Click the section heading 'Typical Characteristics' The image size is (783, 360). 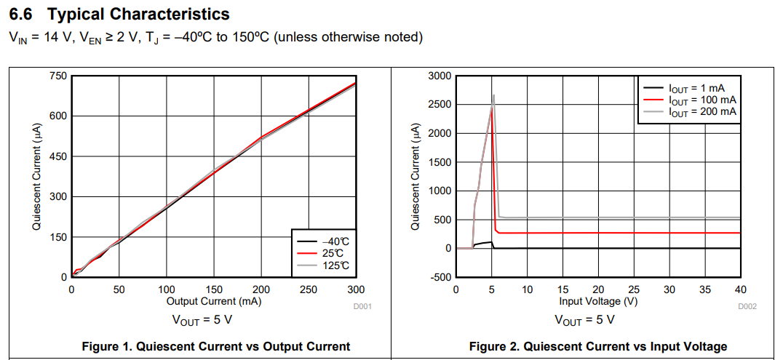click(x=138, y=14)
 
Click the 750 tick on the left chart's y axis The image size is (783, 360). click(x=58, y=76)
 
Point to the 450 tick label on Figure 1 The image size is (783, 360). click(x=58, y=156)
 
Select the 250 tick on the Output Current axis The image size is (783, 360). click(x=309, y=289)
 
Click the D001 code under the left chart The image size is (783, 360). click(x=362, y=307)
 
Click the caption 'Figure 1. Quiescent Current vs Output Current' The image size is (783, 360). click(x=216, y=347)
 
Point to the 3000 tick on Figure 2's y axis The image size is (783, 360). click(x=440, y=76)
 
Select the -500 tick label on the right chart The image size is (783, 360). click(x=441, y=277)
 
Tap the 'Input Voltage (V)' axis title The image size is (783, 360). click(x=598, y=301)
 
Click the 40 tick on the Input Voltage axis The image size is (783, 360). click(x=741, y=289)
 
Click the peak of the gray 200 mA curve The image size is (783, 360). click(x=493, y=95)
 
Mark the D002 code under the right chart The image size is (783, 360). click(x=747, y=307)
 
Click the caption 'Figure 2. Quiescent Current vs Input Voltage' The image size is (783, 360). click(x=598, y=347)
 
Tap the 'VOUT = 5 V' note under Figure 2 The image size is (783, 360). click(x=584, y=320)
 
